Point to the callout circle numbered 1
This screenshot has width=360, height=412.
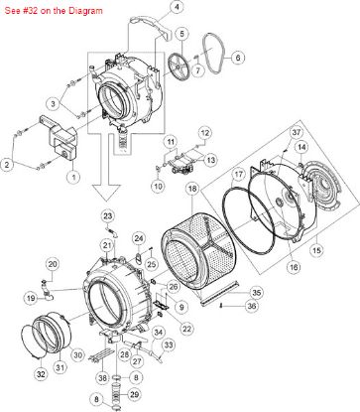click(x=72, y=177)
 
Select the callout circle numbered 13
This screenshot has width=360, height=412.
click(x=210, y=159)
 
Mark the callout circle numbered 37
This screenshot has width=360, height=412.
click(x=296, y=132)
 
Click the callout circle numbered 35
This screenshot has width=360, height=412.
click(x=256, y=292)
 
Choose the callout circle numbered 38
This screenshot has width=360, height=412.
click(x=102, y=378)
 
